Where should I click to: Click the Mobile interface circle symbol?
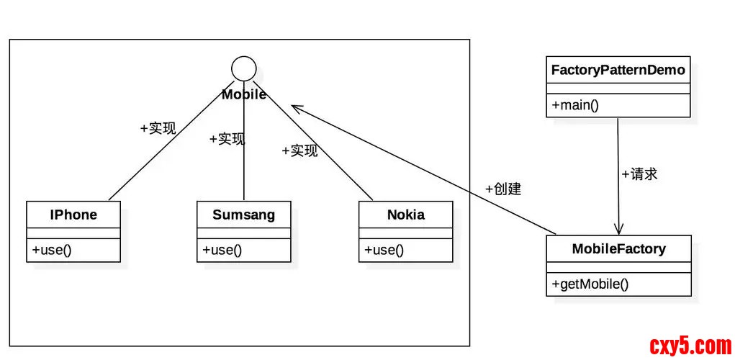pos(244,68)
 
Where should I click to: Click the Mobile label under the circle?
pos(244,94)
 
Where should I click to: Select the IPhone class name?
pos(73,215)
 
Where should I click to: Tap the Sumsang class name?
pos(243,215)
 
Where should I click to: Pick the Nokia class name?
pos(405,215)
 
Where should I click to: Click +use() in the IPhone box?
pos(52,250)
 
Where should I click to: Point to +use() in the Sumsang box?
pos(222,250)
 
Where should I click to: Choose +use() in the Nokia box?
pos(384,250)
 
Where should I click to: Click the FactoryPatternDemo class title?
pos(618,71)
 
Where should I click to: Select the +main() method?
pos(575,105)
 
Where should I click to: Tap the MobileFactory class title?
pos(618,249)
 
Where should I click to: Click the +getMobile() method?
pos(590,284)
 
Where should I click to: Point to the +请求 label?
pos(639,174)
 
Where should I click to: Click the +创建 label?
pos(503,189)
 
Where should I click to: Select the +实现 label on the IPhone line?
pos(158,129)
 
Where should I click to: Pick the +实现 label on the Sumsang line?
pos(227,139)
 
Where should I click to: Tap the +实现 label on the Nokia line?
pos(299,151)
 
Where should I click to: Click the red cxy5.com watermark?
pos(690,346)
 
